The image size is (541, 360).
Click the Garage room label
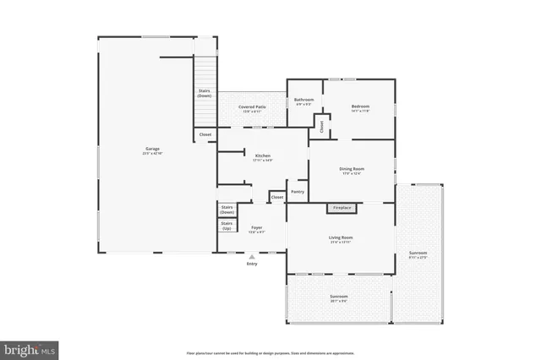152,150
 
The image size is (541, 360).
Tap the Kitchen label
262,157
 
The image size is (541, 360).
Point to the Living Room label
341,239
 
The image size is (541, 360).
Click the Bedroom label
361,107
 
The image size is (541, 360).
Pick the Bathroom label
304,101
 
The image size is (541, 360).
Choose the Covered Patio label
252,108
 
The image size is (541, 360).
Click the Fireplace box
342,208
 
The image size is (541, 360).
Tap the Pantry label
298,192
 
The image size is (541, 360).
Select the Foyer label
255,229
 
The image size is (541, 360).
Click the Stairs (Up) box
227,227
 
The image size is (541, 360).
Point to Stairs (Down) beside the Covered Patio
205,93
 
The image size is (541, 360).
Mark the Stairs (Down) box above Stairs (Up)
227,210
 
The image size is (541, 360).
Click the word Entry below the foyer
252,265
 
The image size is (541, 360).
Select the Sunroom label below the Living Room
338,297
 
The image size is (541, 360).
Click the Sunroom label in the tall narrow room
418,254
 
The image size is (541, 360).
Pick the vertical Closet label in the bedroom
321,126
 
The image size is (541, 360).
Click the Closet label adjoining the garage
205,134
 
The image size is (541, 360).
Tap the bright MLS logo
30,347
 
